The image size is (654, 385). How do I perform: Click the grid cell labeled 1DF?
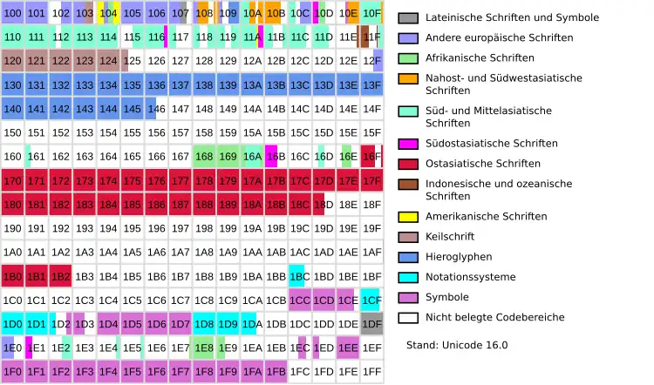click(372, 324)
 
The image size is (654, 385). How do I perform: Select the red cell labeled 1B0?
click(12, 277)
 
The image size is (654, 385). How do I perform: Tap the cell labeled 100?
click(12, 13)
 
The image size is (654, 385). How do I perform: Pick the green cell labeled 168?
click(204, 157)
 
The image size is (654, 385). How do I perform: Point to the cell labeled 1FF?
click(372, 372)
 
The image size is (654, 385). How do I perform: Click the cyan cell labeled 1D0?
click(12, 324)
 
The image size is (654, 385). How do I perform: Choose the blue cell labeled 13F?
click(372, 85)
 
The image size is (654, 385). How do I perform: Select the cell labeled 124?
click(108, 61)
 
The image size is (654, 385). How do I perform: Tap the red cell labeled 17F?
click(372, 181)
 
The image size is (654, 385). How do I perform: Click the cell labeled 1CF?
click(372, 301)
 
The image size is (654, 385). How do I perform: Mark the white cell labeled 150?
click(12, 133)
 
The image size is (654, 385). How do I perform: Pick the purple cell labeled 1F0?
click(12, 372)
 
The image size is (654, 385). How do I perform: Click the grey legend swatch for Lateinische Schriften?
click(408, 17)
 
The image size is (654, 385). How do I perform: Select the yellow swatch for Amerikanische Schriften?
click(408, 216)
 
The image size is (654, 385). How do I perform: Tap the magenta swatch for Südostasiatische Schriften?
click(408, 144)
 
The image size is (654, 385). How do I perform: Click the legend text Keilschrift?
click(453, 237)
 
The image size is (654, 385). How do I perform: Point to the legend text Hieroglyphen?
click(460, 257)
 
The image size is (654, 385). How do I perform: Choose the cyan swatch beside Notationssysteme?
click(408, 277)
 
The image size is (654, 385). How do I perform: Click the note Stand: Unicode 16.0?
click(457, 345)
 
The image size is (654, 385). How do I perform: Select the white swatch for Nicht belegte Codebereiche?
click(408, 317)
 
